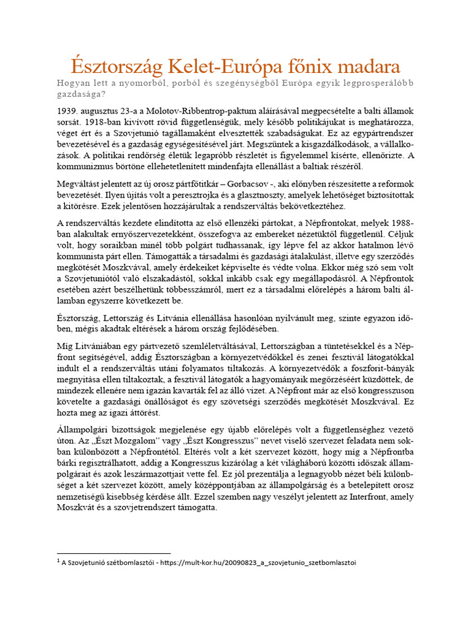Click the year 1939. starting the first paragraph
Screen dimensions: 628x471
(x=69, y=111)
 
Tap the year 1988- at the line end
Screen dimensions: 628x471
(x=402, y=223)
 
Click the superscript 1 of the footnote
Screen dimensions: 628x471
(x=58, y=561)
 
